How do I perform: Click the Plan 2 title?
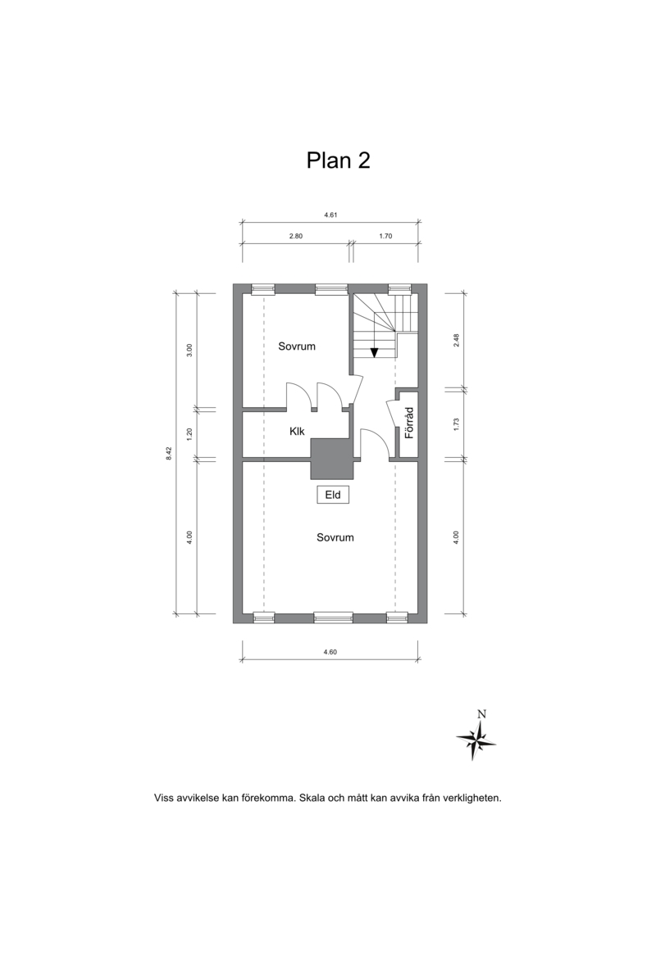click(339, 161)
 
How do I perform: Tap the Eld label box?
click(333, 495)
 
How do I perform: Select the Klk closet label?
click(297, 431)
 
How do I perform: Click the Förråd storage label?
click(409, 423)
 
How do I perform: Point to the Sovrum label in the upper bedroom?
click(297, 346)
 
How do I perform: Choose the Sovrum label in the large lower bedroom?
click(335, 537)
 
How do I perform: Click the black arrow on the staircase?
click(375, 352)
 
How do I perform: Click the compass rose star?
click(476, 740)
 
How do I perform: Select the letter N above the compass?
click(481, 714)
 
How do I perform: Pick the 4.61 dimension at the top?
click(330, 215)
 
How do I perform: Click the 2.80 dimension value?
click(296, 236)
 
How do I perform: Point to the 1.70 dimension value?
click(385, 236)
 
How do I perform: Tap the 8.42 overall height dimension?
click(169, 454)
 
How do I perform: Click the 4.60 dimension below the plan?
click(330, 652)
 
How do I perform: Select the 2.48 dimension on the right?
click(456, 340)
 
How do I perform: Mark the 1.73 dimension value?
click(456, 424)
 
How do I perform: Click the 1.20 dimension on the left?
click(189, 434)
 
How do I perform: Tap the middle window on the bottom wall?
click(333, 618)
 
